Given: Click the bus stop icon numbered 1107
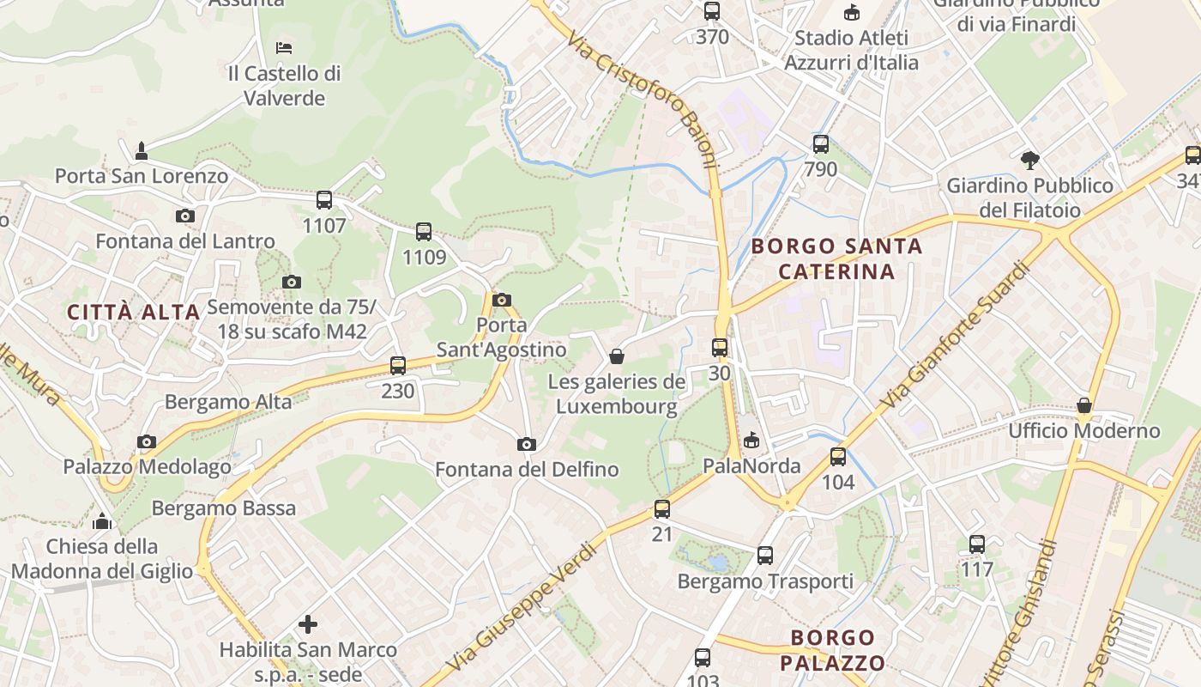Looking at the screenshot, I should pos(323,200).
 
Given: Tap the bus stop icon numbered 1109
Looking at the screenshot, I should pos(424,231).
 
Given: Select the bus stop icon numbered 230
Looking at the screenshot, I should pos(397,365).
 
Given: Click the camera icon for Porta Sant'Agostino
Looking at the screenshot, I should pos(502,300).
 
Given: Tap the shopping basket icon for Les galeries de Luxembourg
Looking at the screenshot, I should pos(616,356).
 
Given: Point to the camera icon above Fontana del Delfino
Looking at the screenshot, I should pos(526,444).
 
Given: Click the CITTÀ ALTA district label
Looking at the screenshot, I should pos(134,312).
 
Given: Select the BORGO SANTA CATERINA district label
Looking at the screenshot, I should pos(836,259).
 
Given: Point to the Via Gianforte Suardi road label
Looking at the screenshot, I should pos(953,336).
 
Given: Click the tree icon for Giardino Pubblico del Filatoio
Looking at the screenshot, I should pos(1029,160).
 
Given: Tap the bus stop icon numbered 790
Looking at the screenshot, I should pos(820,143).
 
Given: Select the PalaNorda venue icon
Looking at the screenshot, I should pos(751,441).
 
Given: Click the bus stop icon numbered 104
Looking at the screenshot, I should pos(837,457).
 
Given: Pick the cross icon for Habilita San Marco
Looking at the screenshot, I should pos(308,624).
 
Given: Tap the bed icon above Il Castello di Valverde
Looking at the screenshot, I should pos(284,47).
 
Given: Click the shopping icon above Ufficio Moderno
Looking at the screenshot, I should pos(1084,405).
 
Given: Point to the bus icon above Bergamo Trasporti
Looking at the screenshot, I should pos(764,556).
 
